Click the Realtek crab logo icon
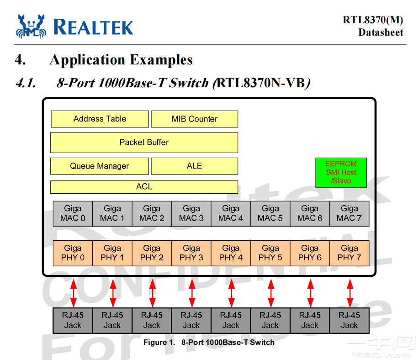point(32,26)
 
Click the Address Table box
point(100,119)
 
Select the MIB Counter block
point(194,119)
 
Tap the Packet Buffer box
point(144,143)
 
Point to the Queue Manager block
point(100,166)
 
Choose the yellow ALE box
point(194,166)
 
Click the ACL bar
point(144,187)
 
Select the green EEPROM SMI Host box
point(341,172)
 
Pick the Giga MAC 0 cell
point(73,213)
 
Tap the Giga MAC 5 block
point(270,213)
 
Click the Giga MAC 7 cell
point(349,213)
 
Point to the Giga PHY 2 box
point(152,253)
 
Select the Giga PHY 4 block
point(231,253)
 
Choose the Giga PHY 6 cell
point(310,253)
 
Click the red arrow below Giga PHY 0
point(74,293)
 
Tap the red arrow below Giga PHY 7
point(350,293)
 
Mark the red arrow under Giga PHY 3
point(192,293)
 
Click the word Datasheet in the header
point(381,32)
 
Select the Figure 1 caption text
point(209,342)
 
